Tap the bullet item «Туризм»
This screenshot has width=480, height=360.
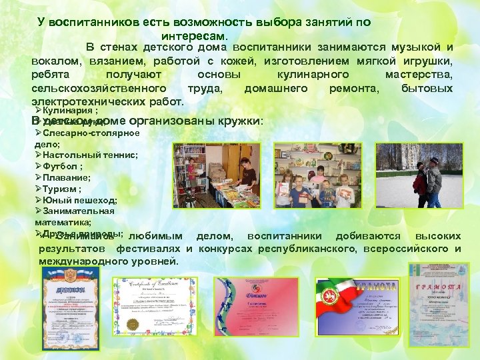[x=61, y=189]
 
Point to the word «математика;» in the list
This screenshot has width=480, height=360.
[x=63, y=222]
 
